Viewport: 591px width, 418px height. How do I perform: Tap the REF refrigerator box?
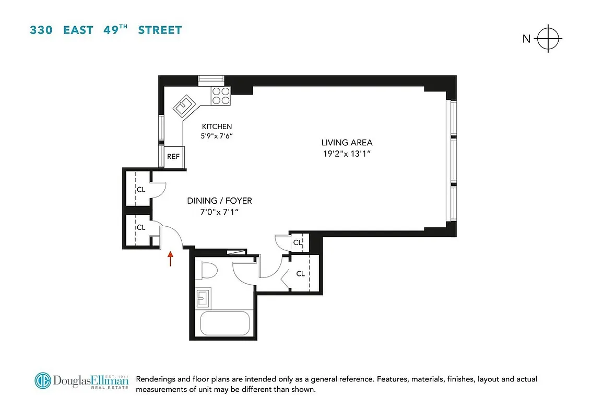[x=173, y=156]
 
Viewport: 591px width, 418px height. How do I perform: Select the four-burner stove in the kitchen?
[x=221, y=97]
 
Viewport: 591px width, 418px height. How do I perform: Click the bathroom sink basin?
[x=203, y=299]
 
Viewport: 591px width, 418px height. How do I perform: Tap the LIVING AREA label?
[x=347, y=143]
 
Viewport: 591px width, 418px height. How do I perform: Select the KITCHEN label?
[x=217, y=126]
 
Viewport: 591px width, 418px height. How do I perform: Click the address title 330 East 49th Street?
[x=105, y=30]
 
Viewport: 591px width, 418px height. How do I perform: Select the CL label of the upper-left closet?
[x=141, y=190]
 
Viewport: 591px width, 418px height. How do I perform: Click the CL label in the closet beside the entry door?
[x=141, y=227]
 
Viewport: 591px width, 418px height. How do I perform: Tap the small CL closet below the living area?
[x=297, y=242]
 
